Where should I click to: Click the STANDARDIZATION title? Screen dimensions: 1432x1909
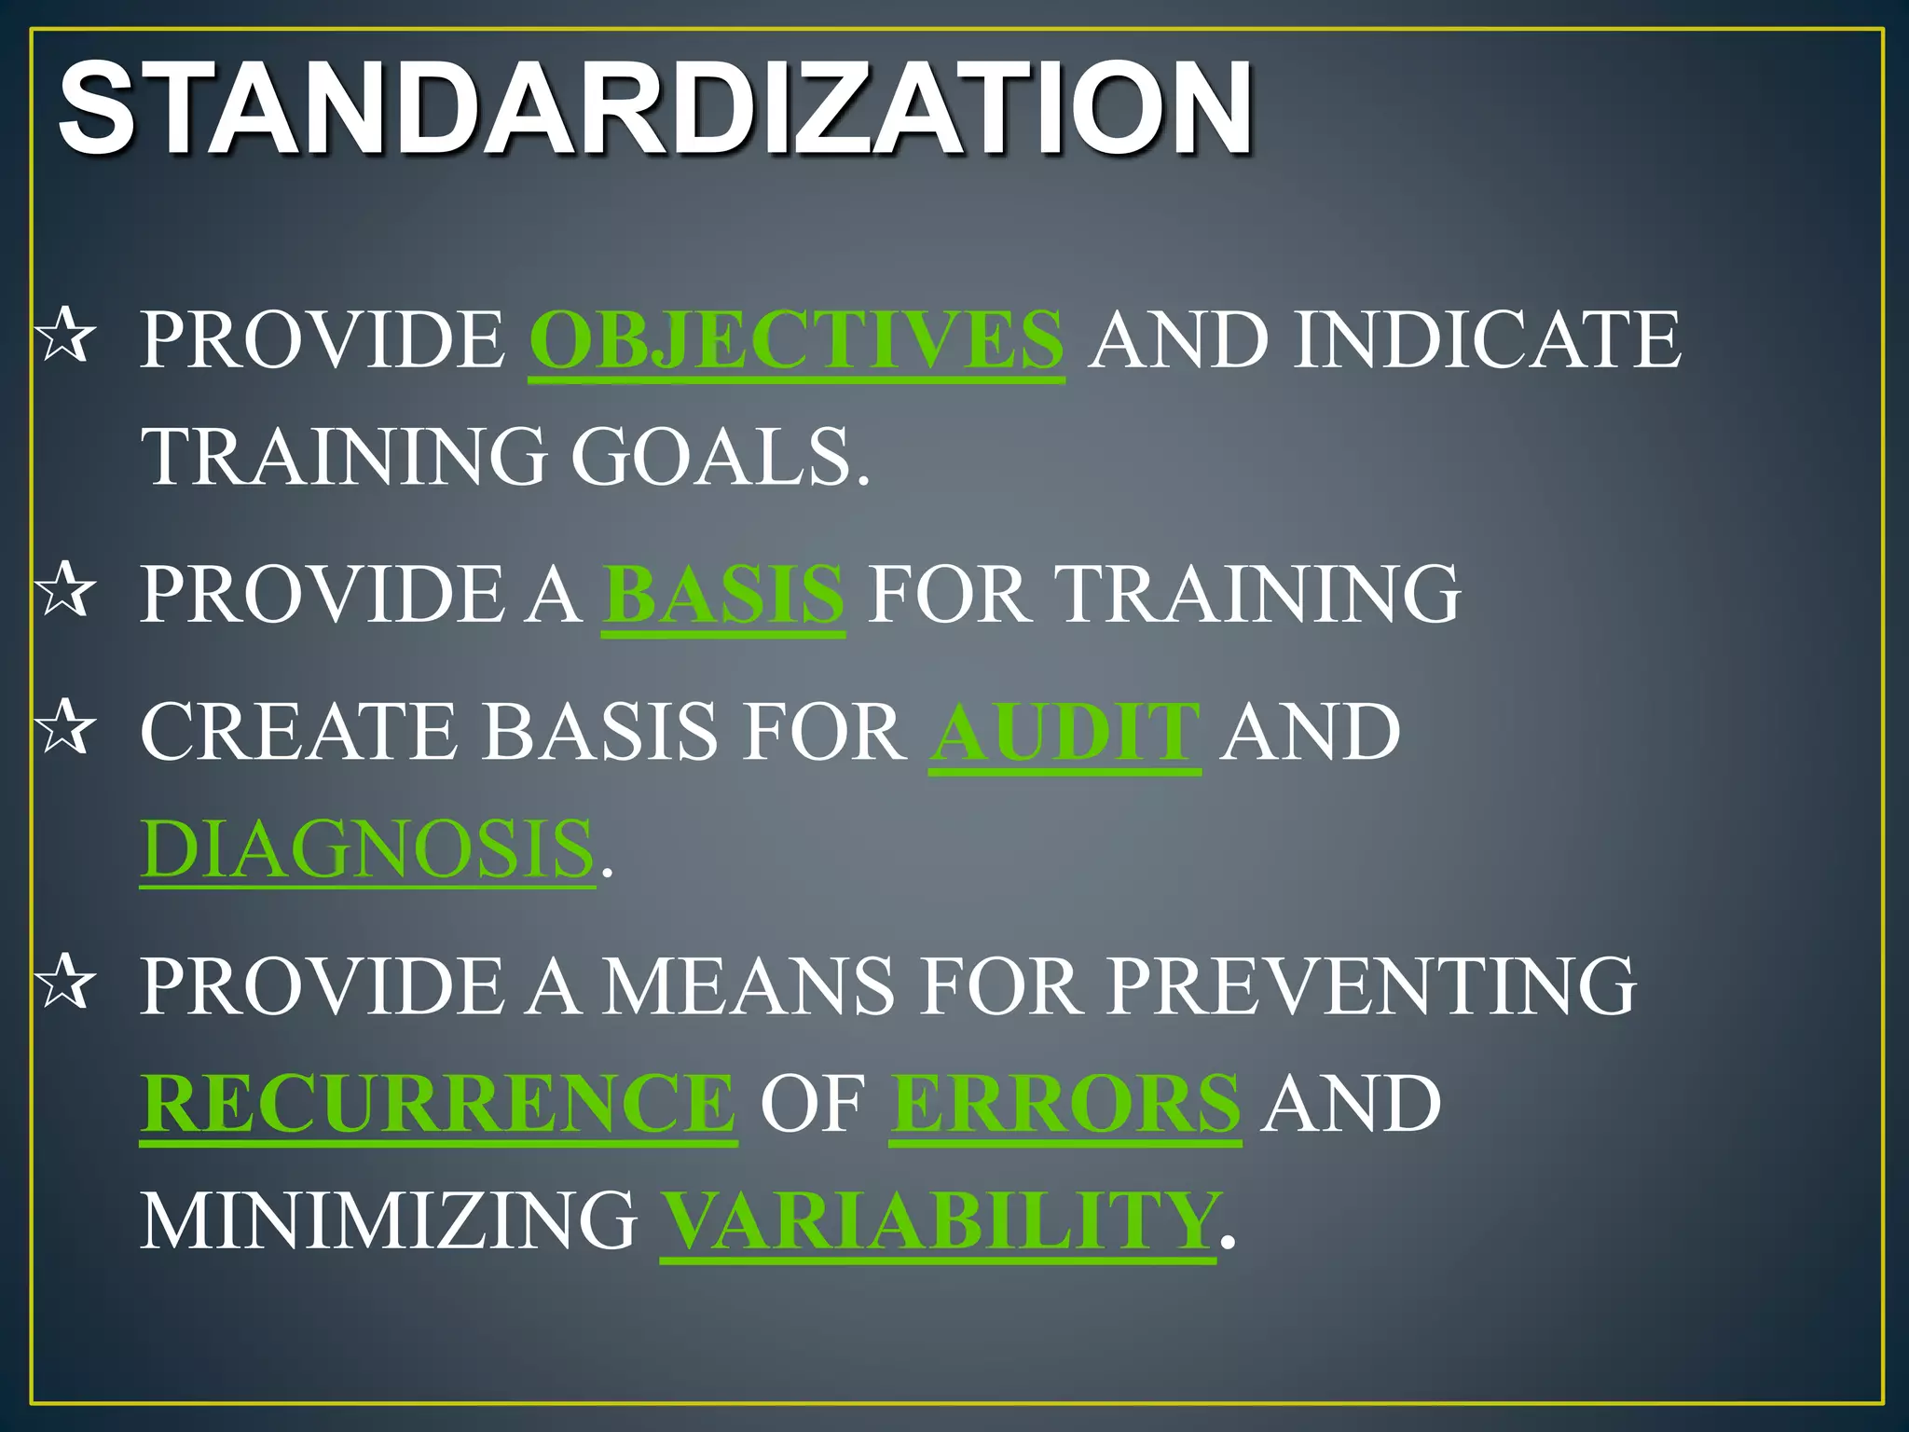(655, 108)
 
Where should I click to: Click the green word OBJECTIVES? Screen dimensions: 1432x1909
(796, 339)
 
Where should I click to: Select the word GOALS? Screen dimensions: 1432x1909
(720, 456)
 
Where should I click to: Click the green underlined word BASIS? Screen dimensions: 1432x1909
(723, 594)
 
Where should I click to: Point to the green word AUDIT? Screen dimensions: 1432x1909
(1064, 732)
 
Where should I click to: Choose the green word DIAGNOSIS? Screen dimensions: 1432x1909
(367, 848)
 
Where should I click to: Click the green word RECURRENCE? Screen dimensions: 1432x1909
(438, 1103)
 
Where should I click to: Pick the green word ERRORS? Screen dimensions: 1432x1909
(1064, 1103)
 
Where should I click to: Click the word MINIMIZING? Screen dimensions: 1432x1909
(389, 1219)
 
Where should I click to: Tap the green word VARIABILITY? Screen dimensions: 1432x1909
(938, 1219)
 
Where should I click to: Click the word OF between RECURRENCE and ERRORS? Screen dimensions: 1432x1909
(813, 1103)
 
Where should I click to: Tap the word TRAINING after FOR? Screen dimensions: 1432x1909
(1257, 594)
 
